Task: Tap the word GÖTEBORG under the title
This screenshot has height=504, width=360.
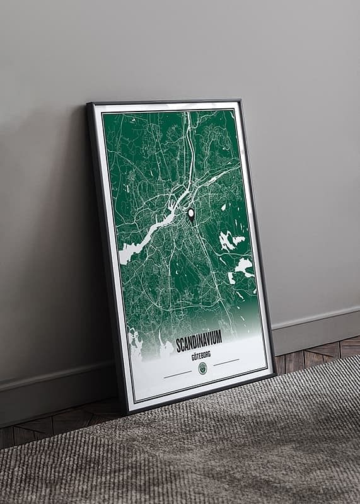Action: click(x=200, y=356)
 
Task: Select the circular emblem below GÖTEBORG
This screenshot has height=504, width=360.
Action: click(x=202, y=369)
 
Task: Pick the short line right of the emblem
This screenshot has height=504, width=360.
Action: click(x=226, y=362)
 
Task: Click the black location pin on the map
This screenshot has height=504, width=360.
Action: click(x=191, y=214)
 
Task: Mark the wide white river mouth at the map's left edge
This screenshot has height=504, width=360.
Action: click(x=129, y=252)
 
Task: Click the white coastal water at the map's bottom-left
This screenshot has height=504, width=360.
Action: click(x=136, y=344)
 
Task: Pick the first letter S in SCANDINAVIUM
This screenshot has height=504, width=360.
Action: click(x=178, y=346)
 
